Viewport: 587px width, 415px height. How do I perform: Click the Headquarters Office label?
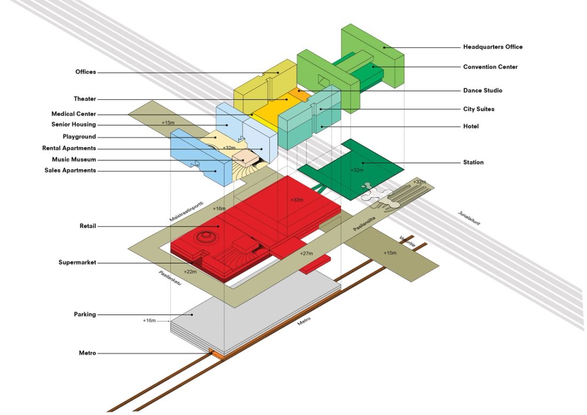tap(493, 47)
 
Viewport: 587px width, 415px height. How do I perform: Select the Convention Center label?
tap(490, 67)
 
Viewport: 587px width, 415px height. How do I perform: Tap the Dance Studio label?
tap(482, 91)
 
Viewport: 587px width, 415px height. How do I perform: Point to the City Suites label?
tap(479, 109)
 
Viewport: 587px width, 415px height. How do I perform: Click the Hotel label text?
tap(471, 126)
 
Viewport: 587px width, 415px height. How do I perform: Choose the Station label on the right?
tap(473, 162)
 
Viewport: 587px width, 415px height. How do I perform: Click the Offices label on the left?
tap(85, 72)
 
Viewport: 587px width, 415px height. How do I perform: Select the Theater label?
tap(85, 99)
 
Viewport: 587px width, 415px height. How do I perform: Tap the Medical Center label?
tap(74, 114)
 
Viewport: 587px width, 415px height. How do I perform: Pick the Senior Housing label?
tap(74, 125)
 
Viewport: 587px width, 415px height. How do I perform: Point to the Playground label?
tap(79, 137)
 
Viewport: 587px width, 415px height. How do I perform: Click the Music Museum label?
tap(74, 159)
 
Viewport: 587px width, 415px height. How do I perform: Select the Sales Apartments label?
tap(70, 171)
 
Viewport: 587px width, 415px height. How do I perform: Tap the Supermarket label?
tap(77, 262)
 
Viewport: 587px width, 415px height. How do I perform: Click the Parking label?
tap(85, 315)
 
